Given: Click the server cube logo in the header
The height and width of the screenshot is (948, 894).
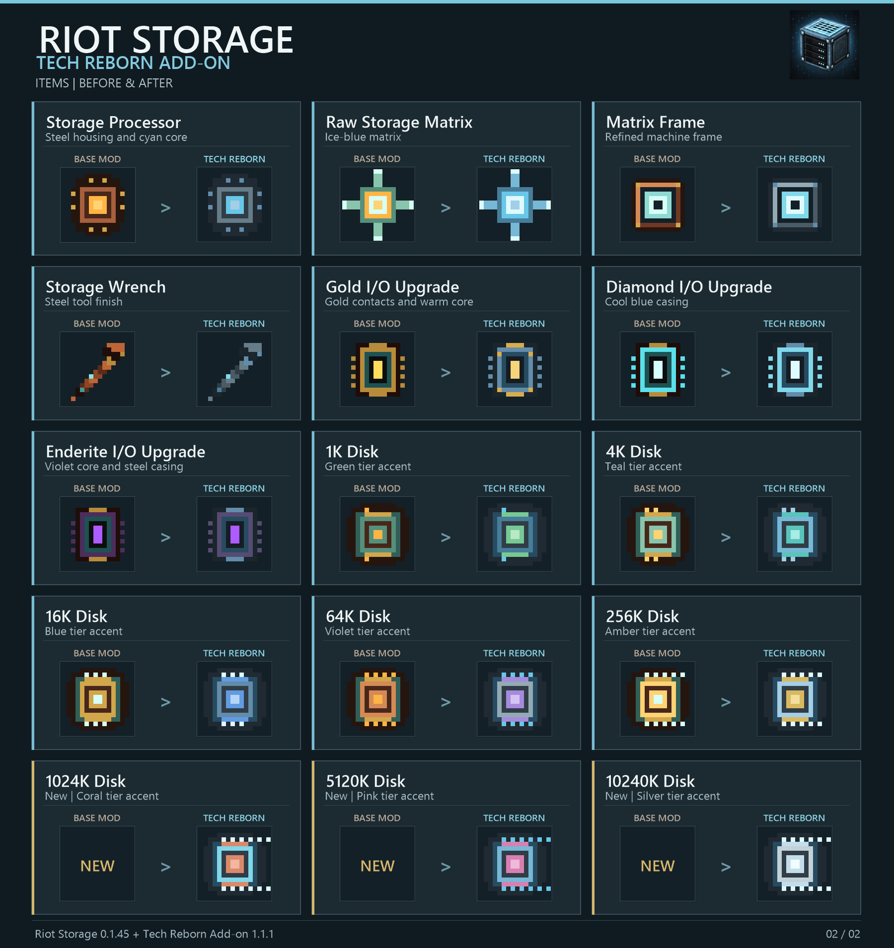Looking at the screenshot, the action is tap(824, 45).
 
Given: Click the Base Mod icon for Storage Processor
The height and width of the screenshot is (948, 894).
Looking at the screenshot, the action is tap(98, 204).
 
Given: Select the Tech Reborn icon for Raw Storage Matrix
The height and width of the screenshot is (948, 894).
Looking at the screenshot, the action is tap(515, 204).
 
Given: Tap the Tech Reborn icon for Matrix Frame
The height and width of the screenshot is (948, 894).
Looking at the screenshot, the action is tap(795, 204).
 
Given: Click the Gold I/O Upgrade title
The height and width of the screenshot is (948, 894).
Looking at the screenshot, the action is tap(392, 287).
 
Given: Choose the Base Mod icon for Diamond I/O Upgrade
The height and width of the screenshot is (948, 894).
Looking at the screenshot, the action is tap(658, 369).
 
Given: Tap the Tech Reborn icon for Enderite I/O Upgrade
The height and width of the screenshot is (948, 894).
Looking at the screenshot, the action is tap(235, 535).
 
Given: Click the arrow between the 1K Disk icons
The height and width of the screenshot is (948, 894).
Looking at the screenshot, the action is tap(446, 537).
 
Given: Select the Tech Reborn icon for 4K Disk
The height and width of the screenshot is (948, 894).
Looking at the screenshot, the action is tap(795, 535).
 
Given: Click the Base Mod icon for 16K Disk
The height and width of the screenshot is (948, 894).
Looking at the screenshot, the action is tap(98, 699).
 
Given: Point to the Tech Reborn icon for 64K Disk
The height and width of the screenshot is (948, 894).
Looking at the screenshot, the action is tap(515, 699).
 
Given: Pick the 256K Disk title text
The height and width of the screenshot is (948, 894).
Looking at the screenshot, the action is tap(642, 616).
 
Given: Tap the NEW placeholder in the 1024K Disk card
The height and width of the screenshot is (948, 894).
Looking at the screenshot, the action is tap(97, 866).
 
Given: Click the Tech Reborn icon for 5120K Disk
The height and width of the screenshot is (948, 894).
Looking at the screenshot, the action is tap(517, 864).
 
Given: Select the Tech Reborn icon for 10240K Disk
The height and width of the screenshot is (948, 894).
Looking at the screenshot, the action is tap(797, 864).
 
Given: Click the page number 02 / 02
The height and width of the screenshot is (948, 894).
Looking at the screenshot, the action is tap(843, 934).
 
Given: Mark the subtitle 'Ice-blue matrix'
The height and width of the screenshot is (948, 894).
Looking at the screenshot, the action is tap(363, 137).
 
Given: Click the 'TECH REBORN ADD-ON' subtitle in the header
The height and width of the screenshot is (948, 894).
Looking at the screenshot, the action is tap(133, 63).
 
